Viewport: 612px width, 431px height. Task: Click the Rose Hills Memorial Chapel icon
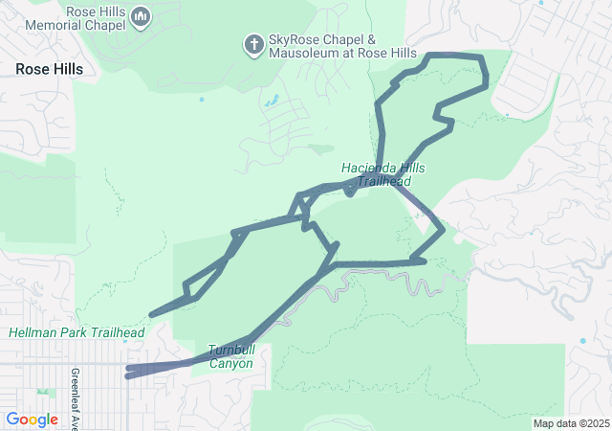[x=140, y=16]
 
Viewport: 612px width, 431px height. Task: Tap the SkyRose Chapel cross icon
[x=253, y=44]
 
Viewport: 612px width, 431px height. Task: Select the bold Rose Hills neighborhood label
[x=49, y=69]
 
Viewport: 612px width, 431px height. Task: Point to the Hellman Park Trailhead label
[x=76, y=332]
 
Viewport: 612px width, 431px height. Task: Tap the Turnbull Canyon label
[x=230, y=356]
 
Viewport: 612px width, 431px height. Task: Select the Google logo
[x=32, y=419]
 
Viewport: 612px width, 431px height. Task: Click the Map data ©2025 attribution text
[x=571, y=423]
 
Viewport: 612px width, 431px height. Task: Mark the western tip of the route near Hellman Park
[x=152, y=314]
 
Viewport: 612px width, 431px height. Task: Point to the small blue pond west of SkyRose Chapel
[x=202, y=99]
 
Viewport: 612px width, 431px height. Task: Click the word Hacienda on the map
[x=368, y=169]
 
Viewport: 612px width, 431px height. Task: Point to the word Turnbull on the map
[x=230, y=350]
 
